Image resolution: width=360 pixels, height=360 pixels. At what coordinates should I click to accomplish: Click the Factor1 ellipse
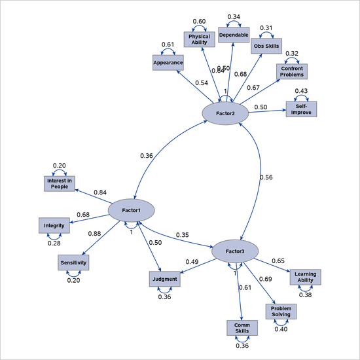point(131,209)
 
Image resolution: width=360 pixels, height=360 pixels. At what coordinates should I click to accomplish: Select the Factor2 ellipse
point(225,113)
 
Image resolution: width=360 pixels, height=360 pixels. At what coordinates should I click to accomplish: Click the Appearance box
point(168,62)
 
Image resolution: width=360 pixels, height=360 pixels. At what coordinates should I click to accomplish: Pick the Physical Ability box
point(200,40)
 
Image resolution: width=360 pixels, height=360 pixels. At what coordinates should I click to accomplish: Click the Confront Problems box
point(292,71)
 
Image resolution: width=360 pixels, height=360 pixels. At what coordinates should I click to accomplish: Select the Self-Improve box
point(301,109)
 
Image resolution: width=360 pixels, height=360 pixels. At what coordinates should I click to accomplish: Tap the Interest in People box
point(60,183)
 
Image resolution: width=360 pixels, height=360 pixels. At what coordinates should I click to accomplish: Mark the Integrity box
point(54,226)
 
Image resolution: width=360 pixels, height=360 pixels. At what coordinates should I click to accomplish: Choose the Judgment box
point(164,279)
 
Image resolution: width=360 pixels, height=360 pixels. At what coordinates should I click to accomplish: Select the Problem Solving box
point(281,311)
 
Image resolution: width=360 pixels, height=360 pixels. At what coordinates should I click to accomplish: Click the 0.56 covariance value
point(266,177)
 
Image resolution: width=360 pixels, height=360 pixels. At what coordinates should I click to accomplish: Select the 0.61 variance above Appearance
point(167,45)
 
